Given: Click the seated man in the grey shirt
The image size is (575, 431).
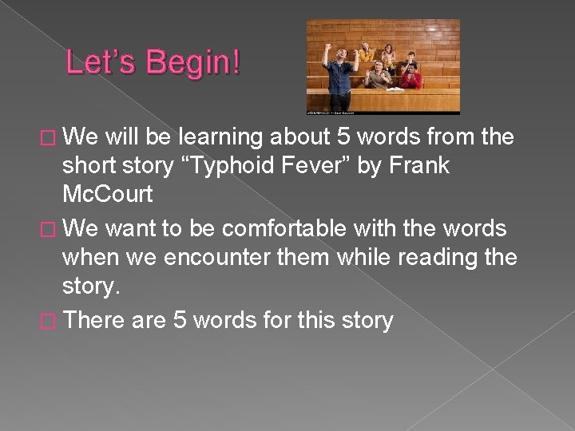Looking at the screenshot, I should (x=375, y=76).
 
